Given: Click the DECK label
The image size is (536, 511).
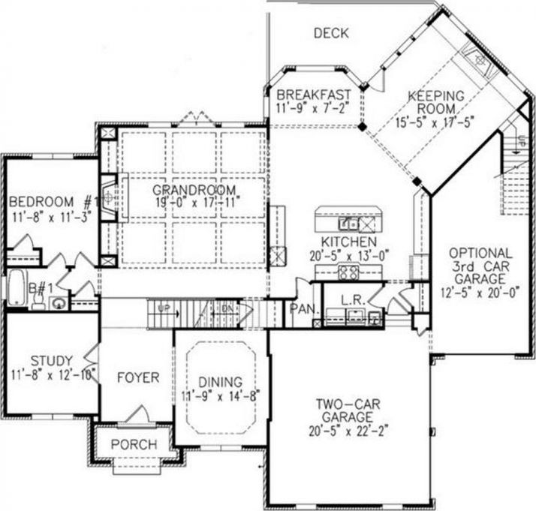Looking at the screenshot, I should [330, 32].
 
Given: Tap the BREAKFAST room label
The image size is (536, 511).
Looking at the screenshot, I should [303, 95].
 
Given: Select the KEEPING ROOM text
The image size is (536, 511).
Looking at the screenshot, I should [436, 104].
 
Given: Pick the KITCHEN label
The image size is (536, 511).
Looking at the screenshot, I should [348, 242].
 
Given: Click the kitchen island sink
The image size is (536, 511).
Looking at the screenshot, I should [349, 223].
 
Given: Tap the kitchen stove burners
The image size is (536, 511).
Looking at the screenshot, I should [348, 273].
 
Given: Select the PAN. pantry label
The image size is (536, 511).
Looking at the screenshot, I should [303, 308].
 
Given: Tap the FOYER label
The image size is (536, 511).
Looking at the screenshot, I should [137, 377].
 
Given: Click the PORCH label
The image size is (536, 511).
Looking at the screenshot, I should [134, 445].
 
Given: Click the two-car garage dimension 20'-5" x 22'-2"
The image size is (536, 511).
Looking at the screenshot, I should [348, 431].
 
